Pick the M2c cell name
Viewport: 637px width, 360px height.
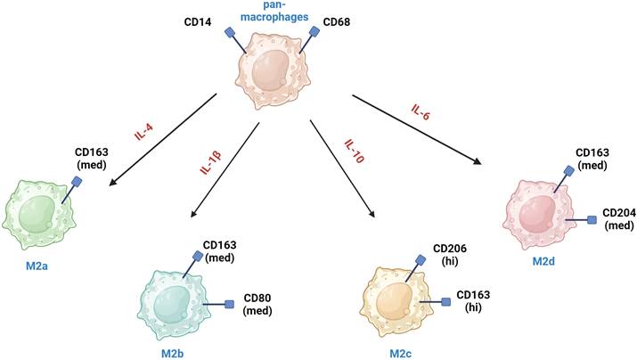(x=402, y=352)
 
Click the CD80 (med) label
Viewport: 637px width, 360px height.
(x=257, y=303)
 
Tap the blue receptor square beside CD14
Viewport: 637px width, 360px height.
(x=229, y=33)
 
